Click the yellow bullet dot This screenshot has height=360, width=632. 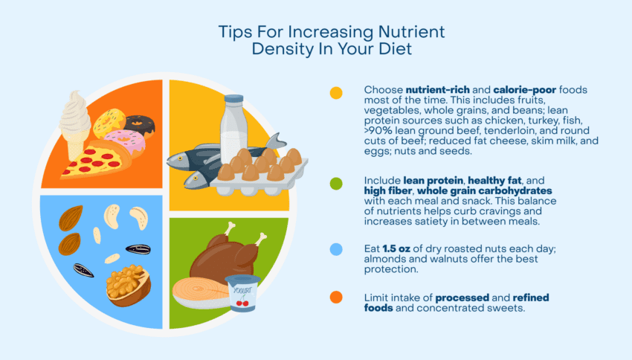tap(336, 93)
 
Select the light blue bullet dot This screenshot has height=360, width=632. tap(336, 251)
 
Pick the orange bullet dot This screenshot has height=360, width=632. tap(336, 298)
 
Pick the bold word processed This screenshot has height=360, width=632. tap(466, 298)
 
